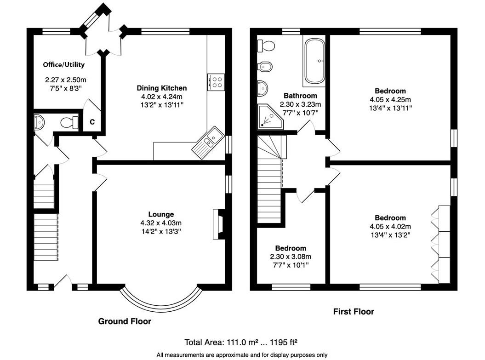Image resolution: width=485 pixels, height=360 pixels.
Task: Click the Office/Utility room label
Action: coord(64,65)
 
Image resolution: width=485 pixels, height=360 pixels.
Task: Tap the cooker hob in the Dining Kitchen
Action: coord(216,82)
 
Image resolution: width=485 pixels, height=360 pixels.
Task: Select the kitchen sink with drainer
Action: coord(208,142)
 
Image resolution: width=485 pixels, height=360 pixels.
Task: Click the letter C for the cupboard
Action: coord(92,122)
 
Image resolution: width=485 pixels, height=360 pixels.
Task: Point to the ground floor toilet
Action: coord(69,123)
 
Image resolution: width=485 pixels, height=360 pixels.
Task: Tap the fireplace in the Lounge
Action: coord(219,224)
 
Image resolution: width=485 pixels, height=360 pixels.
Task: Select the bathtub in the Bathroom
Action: coord(315,61)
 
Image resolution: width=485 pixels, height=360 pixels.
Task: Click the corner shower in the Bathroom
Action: coord(270,117)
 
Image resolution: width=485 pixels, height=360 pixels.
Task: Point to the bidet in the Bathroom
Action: coord(265,67)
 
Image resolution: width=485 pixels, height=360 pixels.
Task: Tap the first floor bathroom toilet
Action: coord(266,46)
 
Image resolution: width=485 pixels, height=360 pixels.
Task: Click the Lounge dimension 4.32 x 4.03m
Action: coord(161,223)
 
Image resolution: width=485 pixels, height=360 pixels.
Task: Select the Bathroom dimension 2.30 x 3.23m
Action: coord(300,104)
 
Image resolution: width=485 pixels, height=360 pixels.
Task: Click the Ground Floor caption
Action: coord(125,321)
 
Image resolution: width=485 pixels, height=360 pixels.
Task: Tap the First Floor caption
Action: coord(354,311)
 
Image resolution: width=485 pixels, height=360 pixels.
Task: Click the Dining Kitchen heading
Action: coord(162,88)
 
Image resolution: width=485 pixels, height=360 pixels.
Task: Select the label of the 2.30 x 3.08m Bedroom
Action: coord(291,248)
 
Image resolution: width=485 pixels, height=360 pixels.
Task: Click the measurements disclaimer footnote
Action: coord(242,355)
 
